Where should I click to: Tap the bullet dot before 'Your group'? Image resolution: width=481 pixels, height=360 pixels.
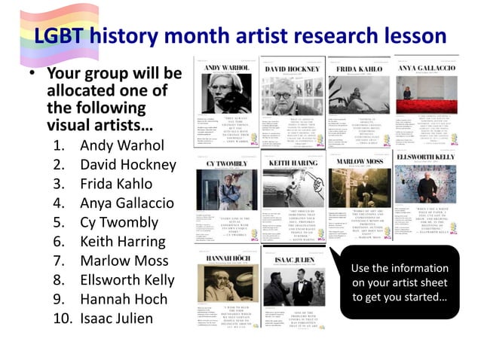click(33, 76)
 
